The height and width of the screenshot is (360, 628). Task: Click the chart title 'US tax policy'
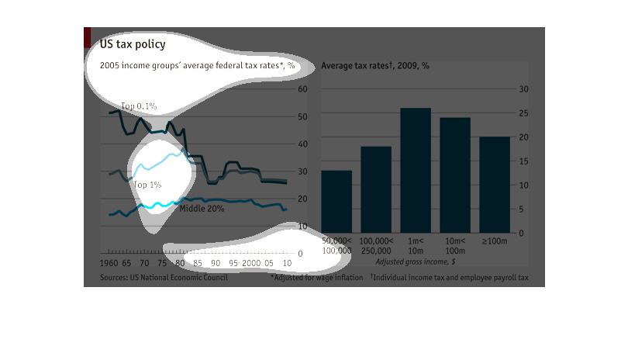pyautogui.click(x=133, y=45)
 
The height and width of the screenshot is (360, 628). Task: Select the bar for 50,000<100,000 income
pyautogui.click(x=336, y=202)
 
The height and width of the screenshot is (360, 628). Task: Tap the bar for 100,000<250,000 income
pyautogui.click(x=376, y=189)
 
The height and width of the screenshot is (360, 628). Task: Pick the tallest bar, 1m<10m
pyautogui.click(x=416, y=171)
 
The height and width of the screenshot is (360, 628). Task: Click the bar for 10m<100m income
pyautogui.click(x=455, y=175)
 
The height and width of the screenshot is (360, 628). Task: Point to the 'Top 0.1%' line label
pyautogui.click(x=139, y=106)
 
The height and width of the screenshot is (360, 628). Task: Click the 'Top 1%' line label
pyautogui.click(x=147, y=185)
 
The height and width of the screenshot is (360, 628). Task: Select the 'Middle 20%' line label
pyautogui.click(x=202, y=209)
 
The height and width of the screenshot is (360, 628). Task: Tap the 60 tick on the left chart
pyautogui.click(x=303, y=89)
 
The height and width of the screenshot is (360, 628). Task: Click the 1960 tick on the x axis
pyautogui.click(x=109, y=264)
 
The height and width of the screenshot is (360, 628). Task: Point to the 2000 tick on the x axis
pyautogui.click(x=251, y=264)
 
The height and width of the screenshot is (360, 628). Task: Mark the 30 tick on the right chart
pyautogui.click(x=523, y=89)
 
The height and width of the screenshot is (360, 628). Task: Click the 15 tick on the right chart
pyautogui.click(x=523, y=161)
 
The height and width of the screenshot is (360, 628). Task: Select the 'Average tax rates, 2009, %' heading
pyautogui.click(x=375, y=66)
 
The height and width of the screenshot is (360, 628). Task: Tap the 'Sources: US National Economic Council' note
pyautogui.click(x=164, y=278)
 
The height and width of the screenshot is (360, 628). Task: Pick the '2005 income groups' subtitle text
pyautogui.click(x=198, y=66)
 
